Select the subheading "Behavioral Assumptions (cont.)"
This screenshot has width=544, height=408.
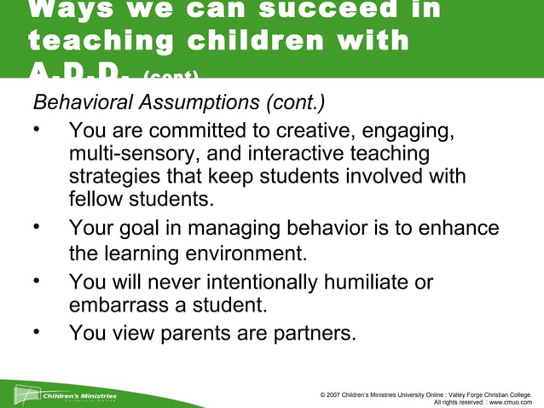(178, 102)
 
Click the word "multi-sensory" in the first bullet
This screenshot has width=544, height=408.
(130, 154)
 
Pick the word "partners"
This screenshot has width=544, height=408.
(308, 333)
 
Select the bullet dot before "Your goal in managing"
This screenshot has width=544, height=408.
(37, 227)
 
